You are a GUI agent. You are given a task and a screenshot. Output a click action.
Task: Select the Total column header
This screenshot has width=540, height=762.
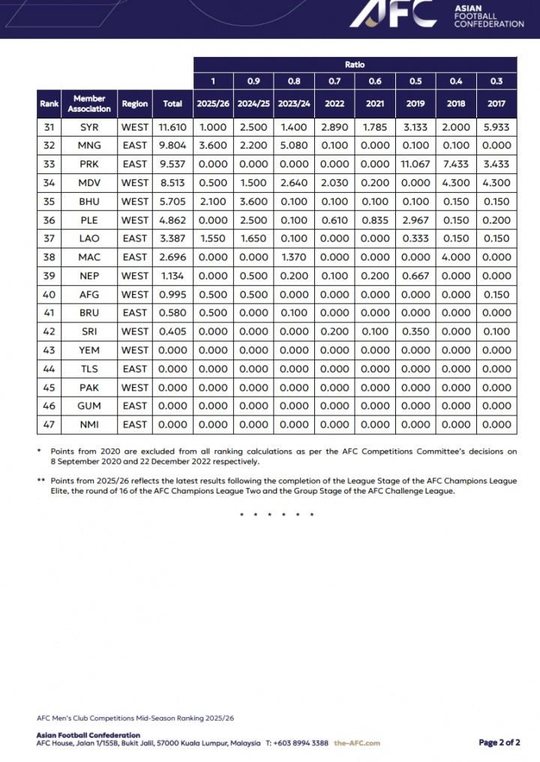[172, 103]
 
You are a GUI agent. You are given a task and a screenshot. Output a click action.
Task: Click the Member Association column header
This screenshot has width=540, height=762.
[89, 103]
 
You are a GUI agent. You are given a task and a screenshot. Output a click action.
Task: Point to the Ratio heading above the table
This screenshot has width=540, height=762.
[355, 65]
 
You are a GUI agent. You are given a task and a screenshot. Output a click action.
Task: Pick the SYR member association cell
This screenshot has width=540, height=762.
[89, 127]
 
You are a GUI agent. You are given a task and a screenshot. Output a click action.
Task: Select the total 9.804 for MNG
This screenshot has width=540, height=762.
[172, 145]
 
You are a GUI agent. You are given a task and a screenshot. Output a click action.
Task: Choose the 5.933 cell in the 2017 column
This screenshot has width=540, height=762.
[496, 127]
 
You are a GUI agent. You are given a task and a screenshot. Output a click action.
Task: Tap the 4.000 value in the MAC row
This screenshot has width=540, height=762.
[456, 257]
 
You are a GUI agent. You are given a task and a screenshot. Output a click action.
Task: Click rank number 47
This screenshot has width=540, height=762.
[49, 424]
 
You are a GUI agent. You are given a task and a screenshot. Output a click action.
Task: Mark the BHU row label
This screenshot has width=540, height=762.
[89, 202]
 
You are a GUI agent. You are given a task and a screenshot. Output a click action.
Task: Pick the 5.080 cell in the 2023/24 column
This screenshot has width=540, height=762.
[293, 145]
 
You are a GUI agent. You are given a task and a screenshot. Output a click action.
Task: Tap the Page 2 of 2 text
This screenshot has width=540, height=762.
[499, 742]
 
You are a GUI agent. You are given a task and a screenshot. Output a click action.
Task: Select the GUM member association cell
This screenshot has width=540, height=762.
[89, 406]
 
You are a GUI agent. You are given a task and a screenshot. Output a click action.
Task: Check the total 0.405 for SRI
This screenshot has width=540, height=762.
[172, 331]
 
